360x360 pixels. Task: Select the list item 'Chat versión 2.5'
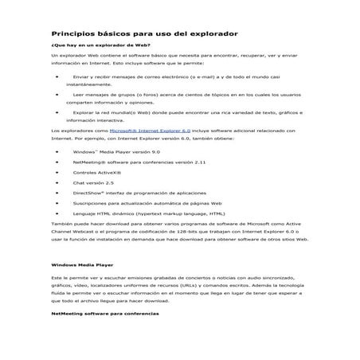[x=92, y=182]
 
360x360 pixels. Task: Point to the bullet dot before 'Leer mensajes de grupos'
[x=57, y=93]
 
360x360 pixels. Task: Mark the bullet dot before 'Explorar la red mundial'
[x=57, y=112]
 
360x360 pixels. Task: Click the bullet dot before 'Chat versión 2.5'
[x=57, y=182]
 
